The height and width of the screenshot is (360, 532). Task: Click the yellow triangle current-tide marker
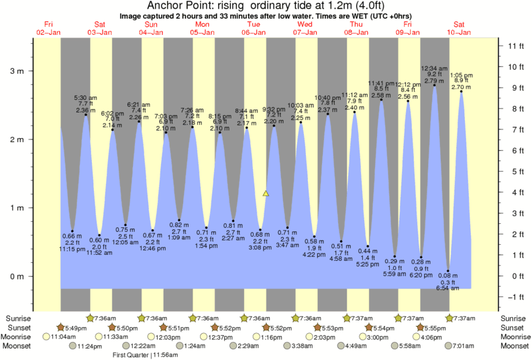click(x=266, y=193)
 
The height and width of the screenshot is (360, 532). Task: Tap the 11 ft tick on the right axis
click(x=515, y=46)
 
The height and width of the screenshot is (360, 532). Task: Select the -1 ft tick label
click(x=515, y=297)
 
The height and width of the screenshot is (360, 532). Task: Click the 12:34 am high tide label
click(x=434, y=68)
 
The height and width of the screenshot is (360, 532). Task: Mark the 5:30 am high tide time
click(x=85, y=98)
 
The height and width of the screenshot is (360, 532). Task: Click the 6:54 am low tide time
click(x=447, y=288)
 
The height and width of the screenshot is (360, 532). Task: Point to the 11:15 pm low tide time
click(x=72, y=249)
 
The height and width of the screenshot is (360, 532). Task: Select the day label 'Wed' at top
click(x=305, y=24)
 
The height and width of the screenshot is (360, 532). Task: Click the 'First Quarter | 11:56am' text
click(x=145, y=356)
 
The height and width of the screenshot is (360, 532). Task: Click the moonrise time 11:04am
click(x=62, y=337)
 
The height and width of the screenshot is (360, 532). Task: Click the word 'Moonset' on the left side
click(x=19, y=346)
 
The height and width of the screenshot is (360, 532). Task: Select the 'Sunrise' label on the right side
click(x=514, y=318)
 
